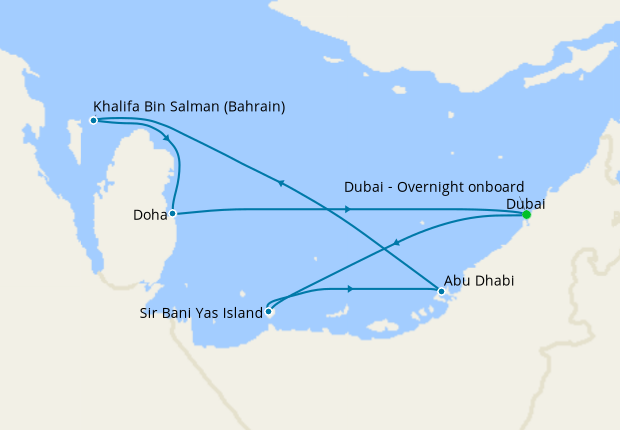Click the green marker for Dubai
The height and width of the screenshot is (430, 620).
(526, 214)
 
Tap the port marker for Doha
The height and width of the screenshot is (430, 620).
(173, 213)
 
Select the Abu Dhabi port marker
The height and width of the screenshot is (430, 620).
(441, 291)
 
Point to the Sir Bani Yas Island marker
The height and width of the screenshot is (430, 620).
(268, 311)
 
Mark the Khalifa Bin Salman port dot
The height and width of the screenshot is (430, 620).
(93, 120)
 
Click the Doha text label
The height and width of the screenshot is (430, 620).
(148, 214)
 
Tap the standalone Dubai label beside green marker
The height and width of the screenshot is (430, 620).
(526, 203)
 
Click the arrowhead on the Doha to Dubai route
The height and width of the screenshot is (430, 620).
(348, 209)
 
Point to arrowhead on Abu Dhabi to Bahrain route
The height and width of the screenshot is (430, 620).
(281, 183)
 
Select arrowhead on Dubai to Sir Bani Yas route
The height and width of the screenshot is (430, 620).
(398, 242)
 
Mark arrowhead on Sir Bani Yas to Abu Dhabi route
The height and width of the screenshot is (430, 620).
(350, 289)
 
